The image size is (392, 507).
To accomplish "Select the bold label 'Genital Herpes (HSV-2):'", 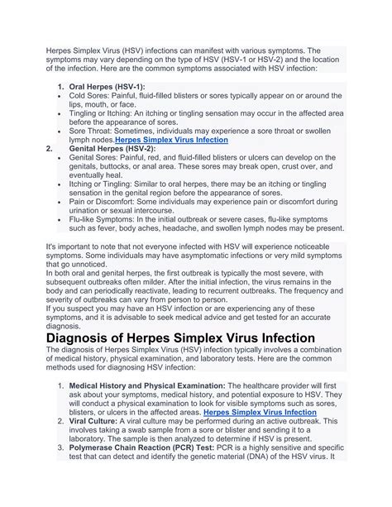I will [x=117, y=148].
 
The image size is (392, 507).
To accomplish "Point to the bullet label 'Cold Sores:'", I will [x=92, y=97].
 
